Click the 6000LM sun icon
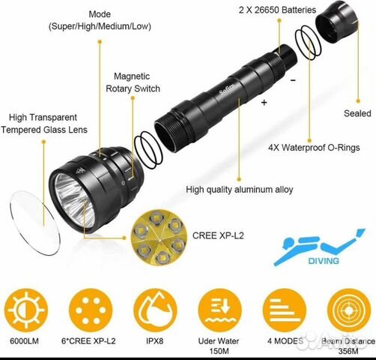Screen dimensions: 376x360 [26, 310]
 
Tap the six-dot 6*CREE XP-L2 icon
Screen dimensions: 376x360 [91, 310]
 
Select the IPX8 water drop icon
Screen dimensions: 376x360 [155, 310]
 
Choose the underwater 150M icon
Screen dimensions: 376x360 [219, 310]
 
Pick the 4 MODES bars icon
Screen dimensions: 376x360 [285, 310]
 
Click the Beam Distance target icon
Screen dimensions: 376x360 [349, 310]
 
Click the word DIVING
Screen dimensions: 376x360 [324, 261]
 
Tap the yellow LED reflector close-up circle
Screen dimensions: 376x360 [159, 238]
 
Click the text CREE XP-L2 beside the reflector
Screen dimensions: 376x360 [218, 235]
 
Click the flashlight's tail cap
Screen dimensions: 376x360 [336, 23]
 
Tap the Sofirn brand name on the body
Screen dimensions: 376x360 [227, 89]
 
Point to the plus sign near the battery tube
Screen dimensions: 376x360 [264, 103]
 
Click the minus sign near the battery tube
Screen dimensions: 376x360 [293, 80]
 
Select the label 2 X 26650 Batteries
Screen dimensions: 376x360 [277, 10]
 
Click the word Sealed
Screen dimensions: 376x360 [357, 113]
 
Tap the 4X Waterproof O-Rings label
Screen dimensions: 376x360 [314, 148]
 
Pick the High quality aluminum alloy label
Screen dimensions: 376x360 [240, 190]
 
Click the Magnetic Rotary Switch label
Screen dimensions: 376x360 [133, 82]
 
